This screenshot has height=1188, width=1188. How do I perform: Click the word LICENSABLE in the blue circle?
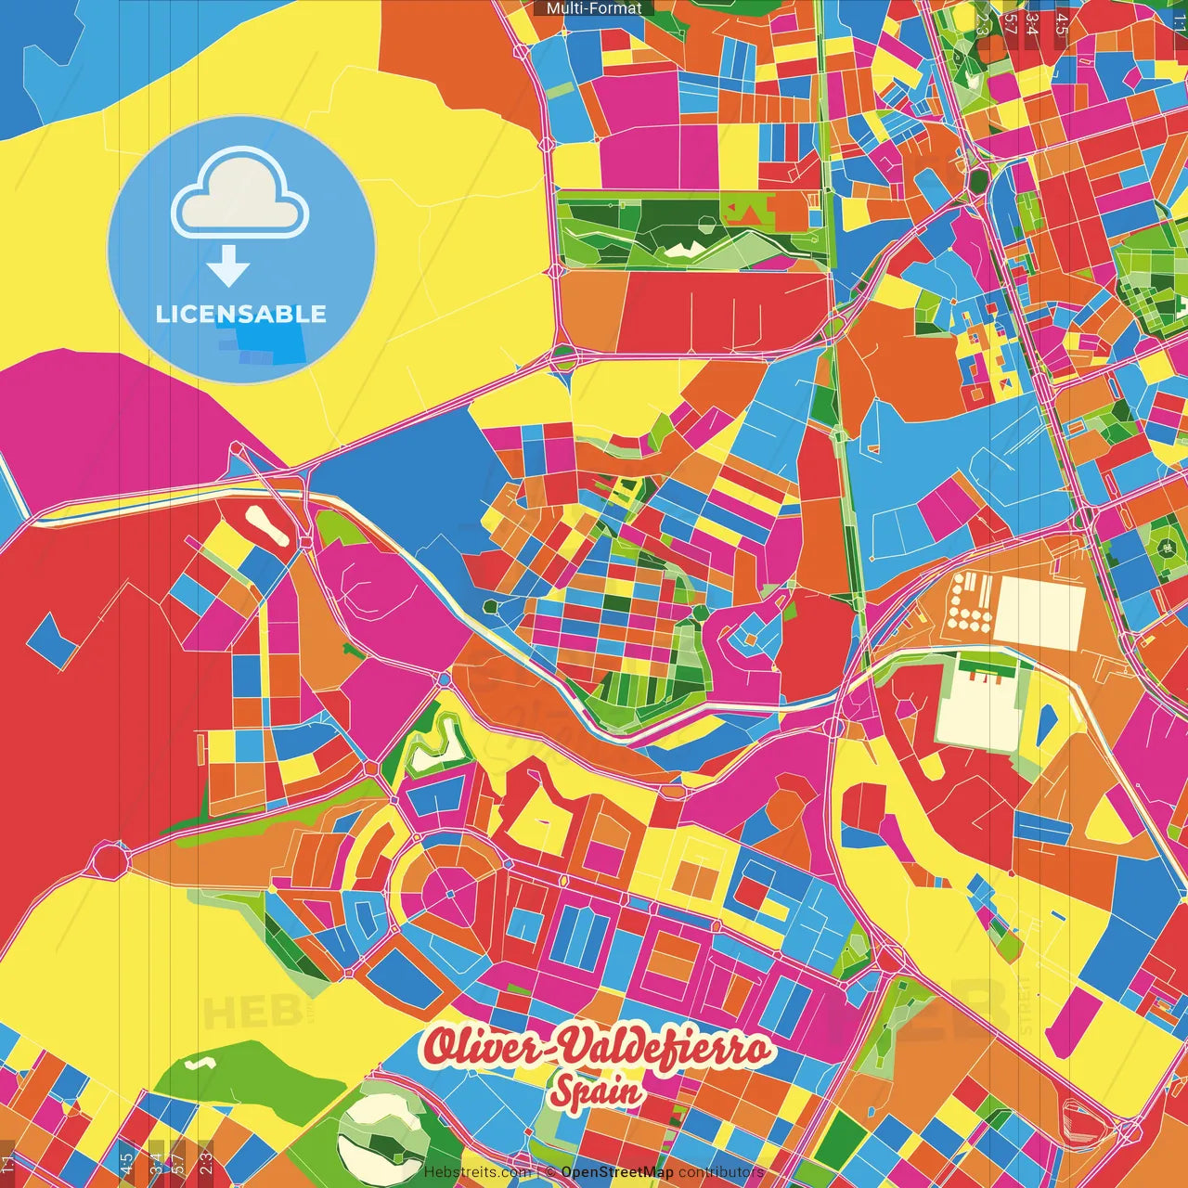(241, 314)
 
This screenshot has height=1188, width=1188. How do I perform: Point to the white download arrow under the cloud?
(228, 266)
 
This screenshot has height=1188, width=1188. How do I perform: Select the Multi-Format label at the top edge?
(594, 8)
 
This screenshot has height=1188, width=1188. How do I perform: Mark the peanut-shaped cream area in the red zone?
(270, 526)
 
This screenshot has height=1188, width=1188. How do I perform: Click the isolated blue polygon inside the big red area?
(53, 639)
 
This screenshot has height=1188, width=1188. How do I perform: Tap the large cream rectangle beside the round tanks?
(1039, 612)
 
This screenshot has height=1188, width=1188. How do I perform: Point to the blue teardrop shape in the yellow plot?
(1048, 723)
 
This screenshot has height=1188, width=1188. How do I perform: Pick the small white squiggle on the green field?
(197, 1064)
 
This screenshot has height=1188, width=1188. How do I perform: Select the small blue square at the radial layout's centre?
(450, 894)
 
